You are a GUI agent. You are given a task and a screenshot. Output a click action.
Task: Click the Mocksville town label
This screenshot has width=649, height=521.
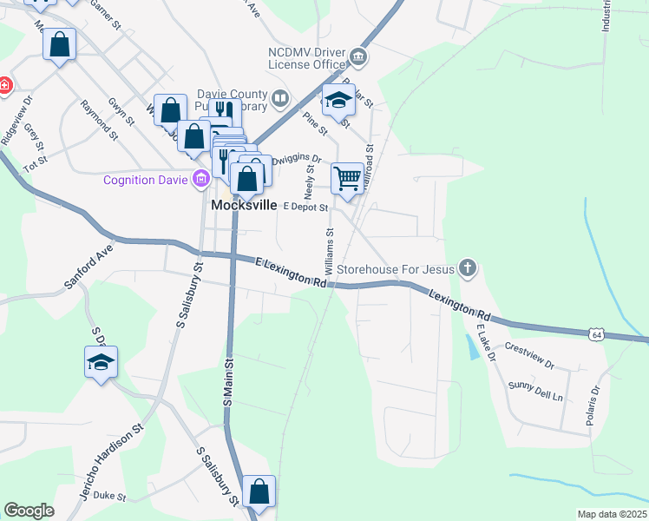244,206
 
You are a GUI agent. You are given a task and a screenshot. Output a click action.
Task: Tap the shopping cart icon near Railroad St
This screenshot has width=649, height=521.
347,179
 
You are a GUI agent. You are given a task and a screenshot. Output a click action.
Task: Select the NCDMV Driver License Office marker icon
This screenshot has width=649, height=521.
358,59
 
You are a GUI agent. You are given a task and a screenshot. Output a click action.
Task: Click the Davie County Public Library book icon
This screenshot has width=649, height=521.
279,99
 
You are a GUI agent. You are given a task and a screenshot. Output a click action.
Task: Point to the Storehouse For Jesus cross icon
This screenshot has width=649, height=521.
468,268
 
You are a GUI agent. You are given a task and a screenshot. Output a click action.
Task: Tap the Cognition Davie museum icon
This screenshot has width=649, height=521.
201,180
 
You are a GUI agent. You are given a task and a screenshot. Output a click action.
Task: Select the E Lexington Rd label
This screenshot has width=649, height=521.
291,273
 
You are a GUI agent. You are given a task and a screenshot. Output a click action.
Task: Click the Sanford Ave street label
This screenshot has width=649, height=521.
88,270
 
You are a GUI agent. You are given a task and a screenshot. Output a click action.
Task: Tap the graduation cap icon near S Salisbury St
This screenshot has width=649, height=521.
101,363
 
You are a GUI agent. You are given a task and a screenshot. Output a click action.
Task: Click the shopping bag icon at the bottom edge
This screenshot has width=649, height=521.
259,492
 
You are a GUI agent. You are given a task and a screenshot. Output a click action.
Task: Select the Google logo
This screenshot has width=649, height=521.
29,511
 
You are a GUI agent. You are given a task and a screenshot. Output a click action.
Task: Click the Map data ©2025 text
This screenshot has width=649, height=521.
612,514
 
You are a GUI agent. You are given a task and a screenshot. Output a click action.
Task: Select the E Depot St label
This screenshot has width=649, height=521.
306,208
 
